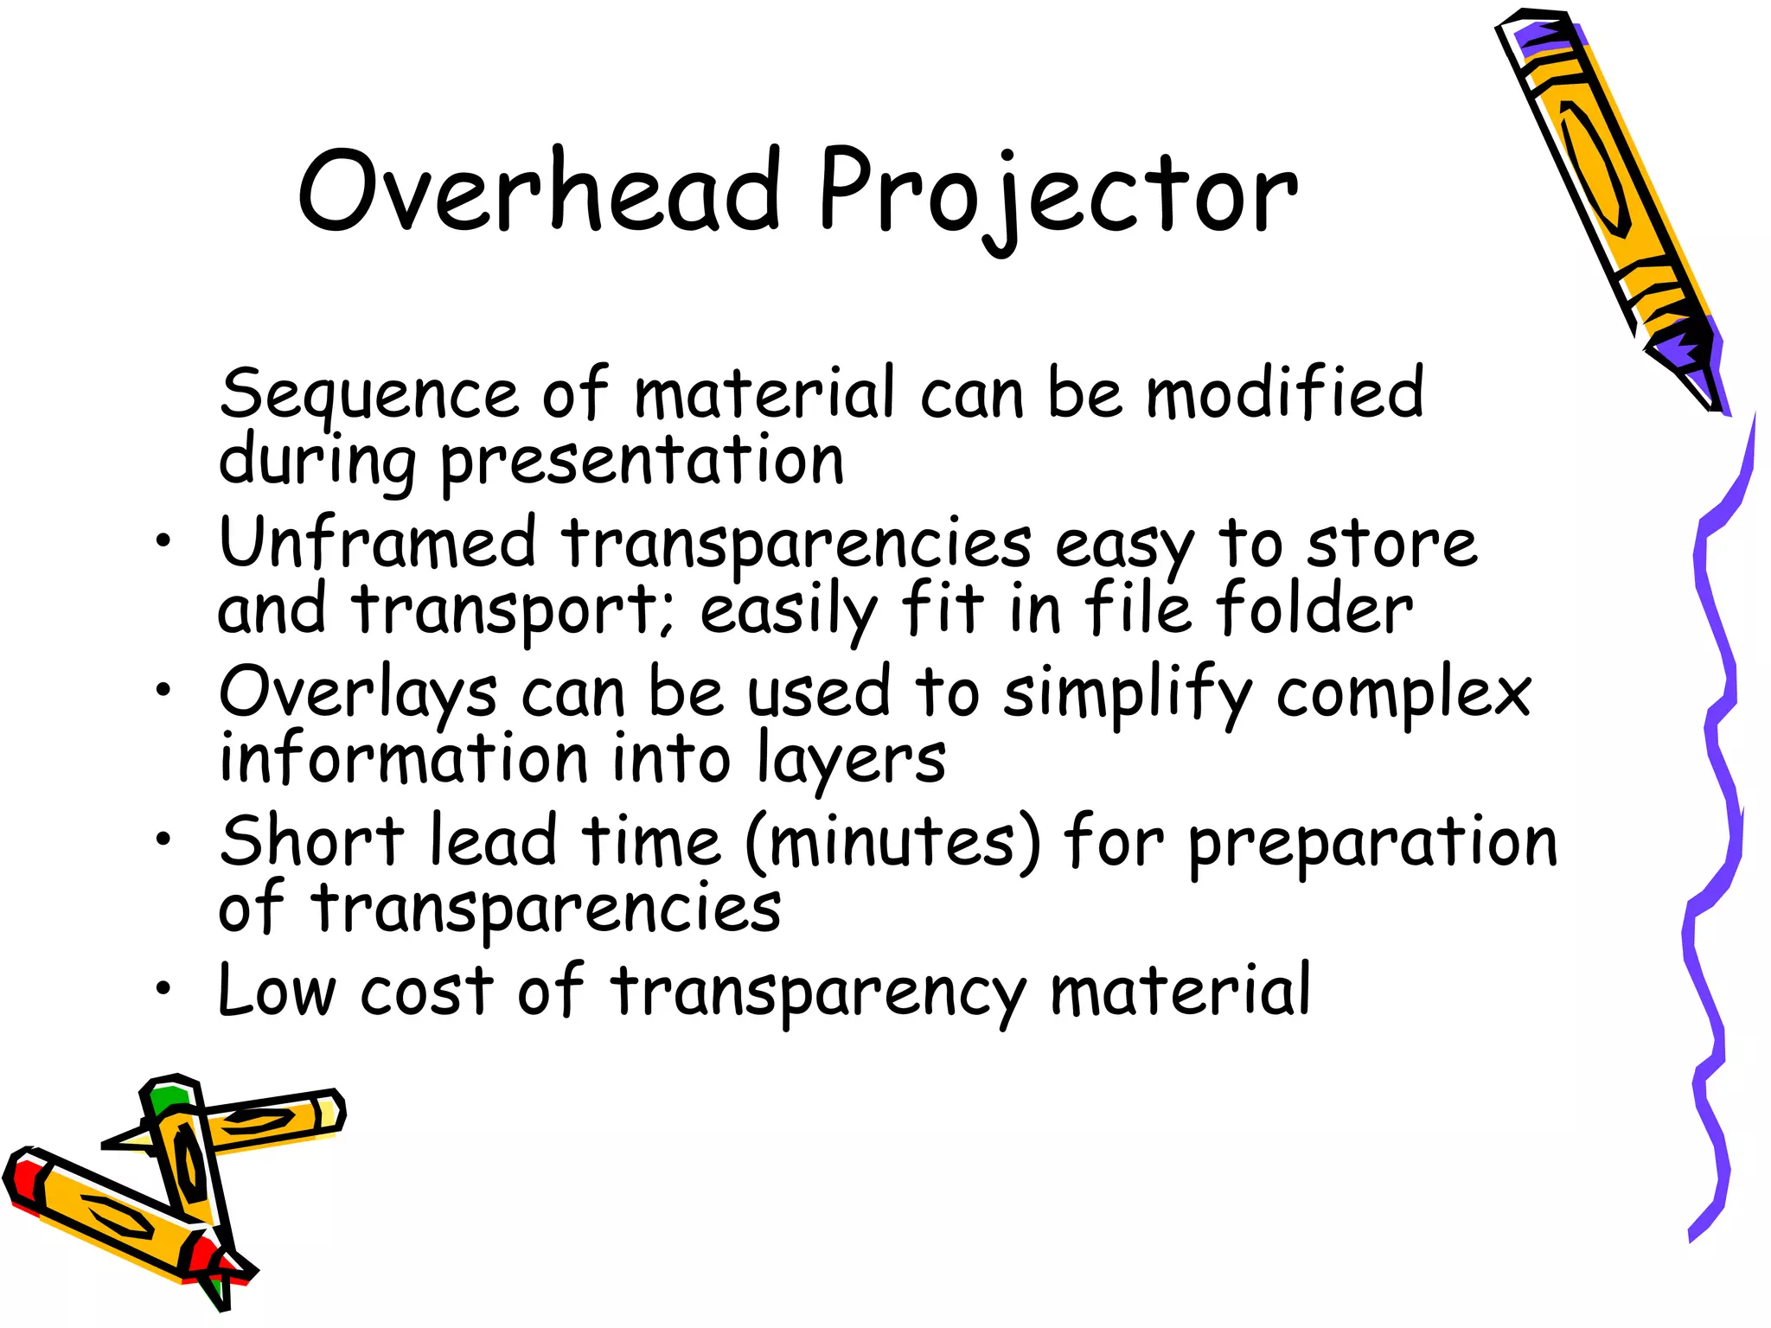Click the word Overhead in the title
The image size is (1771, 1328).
[x=539, y=190]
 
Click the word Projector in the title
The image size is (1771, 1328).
[x=1057, y=195]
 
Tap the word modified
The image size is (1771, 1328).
[x=1284, y=393]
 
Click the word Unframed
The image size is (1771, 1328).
[x=378, y=542]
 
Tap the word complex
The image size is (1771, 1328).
[x=1403, y=694]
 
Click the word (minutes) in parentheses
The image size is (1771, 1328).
[x=892, y=842]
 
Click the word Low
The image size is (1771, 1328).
[x=276, y=990]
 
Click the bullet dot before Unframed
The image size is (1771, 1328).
[x=163, y=542]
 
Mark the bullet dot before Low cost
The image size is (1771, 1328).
[x=163, y=987]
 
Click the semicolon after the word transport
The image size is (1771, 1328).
[x=666, y=615]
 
